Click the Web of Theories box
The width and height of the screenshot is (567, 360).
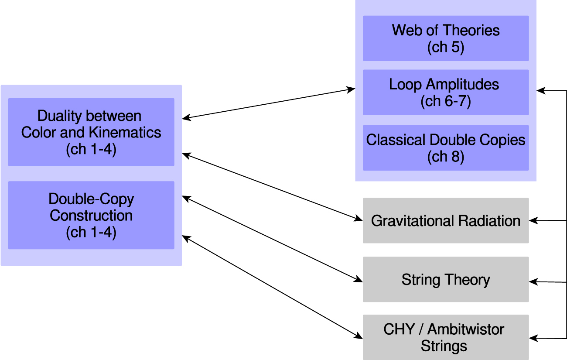click(445, 38)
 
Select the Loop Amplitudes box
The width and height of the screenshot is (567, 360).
click(445, 92)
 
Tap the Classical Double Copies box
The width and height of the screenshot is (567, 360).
click(445, 147)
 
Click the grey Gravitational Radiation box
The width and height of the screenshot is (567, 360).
click(445, 220)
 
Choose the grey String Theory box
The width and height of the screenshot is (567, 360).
click(445, 279)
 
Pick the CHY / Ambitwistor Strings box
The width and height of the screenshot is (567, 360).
click(445, 337)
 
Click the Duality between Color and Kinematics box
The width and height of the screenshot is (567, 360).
click(91, 132)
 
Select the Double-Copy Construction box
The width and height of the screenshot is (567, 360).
click(91, 215)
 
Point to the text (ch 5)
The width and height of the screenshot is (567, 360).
click(445, 47)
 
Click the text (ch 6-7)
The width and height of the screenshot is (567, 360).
click(445, 101)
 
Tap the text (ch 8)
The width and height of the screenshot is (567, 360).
click(445, 156)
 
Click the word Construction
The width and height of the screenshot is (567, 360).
click(91, 216)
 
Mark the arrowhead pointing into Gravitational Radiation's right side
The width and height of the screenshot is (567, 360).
click(533, 221)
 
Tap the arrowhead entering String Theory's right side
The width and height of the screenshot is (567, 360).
click(533, 282)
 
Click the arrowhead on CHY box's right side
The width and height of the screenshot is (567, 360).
click(533, 338)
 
